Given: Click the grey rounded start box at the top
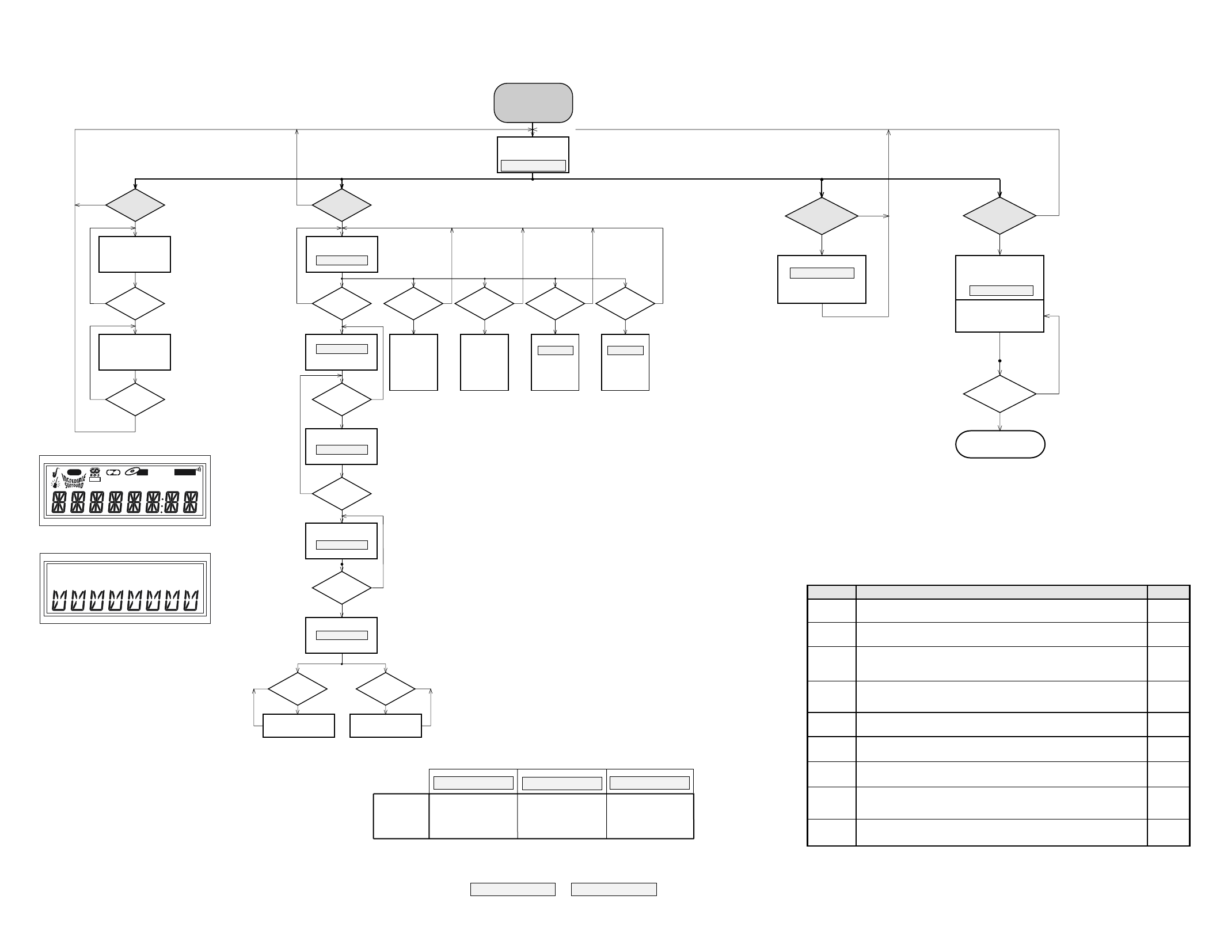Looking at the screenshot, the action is (533, 102).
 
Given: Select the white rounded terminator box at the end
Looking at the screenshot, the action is (1000, 444).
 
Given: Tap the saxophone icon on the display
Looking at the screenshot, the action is (56, 473).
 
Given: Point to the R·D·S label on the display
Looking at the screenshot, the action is (95, 475).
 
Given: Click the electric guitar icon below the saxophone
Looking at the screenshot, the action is (56, 483).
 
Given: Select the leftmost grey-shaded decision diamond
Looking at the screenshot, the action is (135, 205).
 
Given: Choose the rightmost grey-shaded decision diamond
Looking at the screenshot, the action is (999, 216).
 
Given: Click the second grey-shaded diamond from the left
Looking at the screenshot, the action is (341, 205).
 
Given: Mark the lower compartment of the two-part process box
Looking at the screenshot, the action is (999, 316).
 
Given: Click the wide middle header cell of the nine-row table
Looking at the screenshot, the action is (1001, 592).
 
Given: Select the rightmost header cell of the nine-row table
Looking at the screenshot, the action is (1168, 592).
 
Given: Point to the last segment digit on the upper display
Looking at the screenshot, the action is (191, 503).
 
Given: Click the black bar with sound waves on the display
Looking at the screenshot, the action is (185, 472).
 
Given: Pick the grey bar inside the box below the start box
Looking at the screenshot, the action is (533, 166).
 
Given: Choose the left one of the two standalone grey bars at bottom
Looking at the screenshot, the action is (512, 889).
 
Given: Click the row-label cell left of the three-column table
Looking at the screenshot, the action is (401, 816).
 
